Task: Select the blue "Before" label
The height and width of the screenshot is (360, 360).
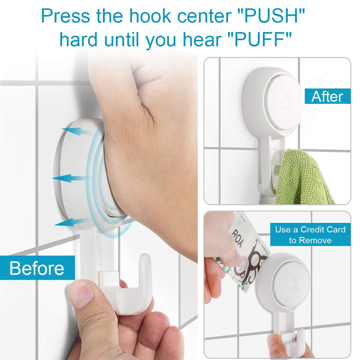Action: tap(37, 268)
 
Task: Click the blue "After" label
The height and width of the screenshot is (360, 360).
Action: tap(327, 97)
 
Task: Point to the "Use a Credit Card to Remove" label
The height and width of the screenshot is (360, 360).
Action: tap(310, 235)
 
